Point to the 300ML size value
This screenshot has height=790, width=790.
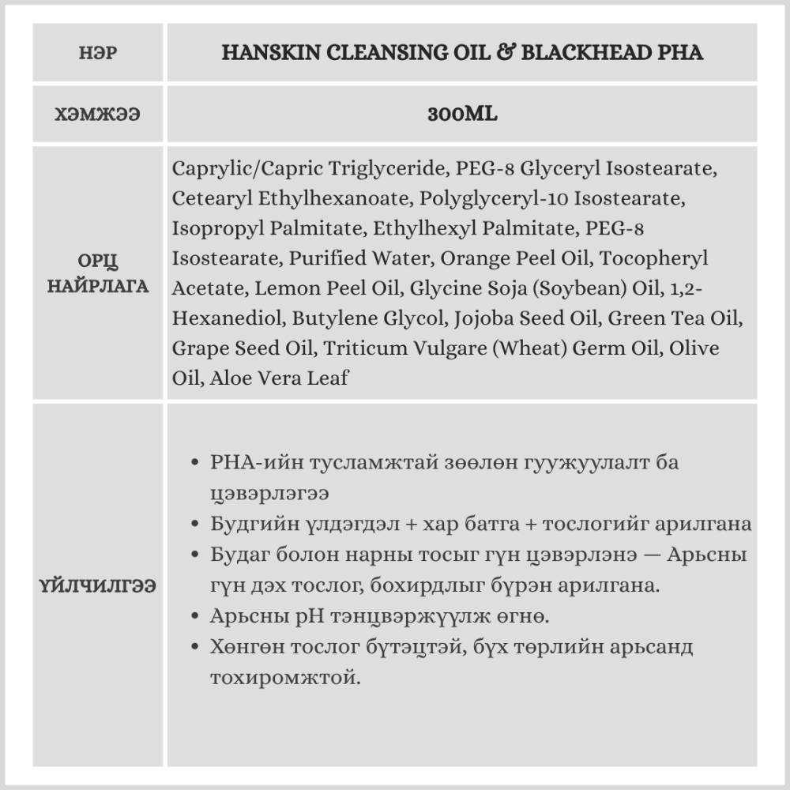coord(462,114)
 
